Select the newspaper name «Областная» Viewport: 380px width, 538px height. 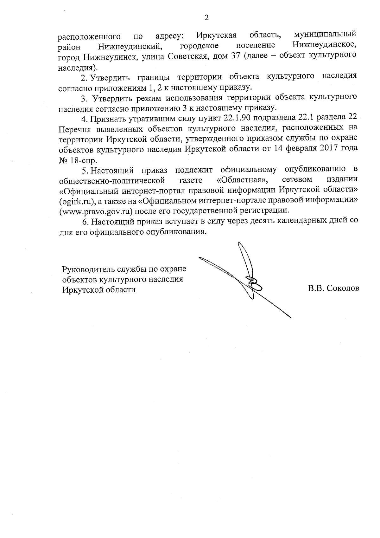pos(242,180)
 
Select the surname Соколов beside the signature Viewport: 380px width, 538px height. pos(344,288)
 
